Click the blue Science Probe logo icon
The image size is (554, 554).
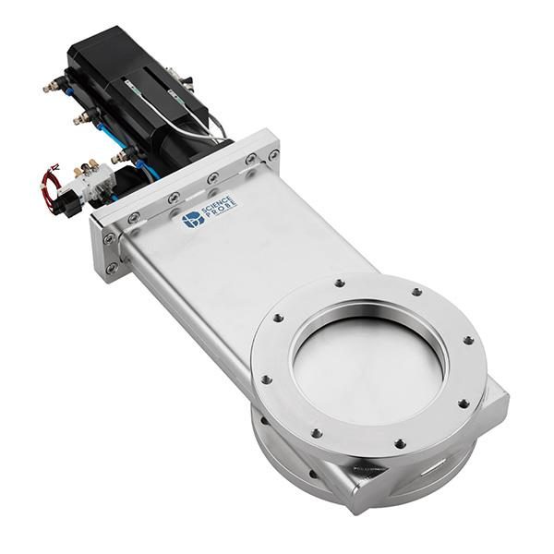(x=193, y=220)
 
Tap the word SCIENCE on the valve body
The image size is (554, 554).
(x=217, y=206)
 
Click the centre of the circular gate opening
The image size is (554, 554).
(x=368, y=366)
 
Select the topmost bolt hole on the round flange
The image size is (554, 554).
(x=340, y=283)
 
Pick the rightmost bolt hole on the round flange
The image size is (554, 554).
(x=468, y=341)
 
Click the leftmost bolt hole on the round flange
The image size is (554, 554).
(x=266, y=379)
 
